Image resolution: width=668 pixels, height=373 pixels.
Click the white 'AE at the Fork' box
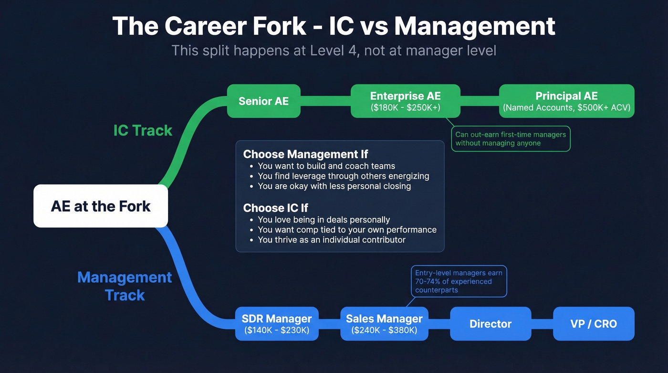[x=101, y=206]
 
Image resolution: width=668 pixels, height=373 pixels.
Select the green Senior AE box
[x=263, y=101]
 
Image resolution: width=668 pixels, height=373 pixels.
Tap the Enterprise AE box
[x=405, y=101]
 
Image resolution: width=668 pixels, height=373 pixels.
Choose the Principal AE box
[x=566, y=101]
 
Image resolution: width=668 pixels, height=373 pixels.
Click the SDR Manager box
[x=277, y=323]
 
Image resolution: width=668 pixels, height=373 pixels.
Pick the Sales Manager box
[x=384, y=323]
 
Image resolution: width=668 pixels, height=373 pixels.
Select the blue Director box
[x=491, y=323]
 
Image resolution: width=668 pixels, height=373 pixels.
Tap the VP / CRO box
[x=594, y=323]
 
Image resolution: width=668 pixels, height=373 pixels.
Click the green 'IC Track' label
[x=143, y=130]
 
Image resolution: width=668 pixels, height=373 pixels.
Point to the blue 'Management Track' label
[x=125, y=286]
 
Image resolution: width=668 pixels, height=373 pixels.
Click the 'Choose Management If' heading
[x=305, y=154]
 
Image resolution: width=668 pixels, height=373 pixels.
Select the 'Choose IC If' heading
[x=275, y=208]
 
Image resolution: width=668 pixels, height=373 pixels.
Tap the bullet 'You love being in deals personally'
[x=324, y=220]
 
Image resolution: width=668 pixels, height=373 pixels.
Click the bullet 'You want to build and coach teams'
[x=326, y=166]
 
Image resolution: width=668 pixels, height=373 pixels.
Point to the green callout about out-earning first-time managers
[x=511, y=139]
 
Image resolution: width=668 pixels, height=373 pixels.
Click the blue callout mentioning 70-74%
[x=458, y=281]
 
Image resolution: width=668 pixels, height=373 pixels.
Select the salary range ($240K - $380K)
[x=384, y=330]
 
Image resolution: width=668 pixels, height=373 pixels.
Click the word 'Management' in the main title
[x=475, y=26]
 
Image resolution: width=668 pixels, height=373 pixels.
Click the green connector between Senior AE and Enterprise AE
[x=325, y=101]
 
